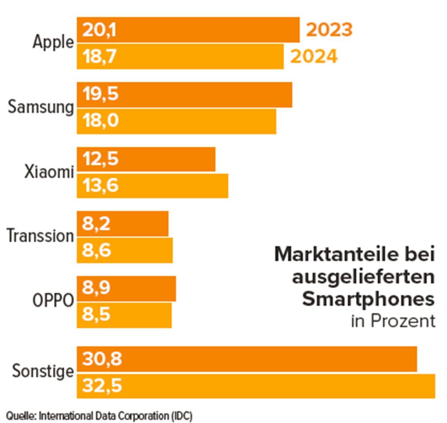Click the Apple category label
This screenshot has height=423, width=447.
tap(53, 42)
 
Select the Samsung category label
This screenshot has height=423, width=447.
tap(41, 107)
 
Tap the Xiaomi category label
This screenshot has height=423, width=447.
tap(49, 172)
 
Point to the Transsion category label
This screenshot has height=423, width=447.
tap(40, 236)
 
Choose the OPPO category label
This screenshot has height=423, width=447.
tap(53, 300)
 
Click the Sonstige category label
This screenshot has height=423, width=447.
tap(43, 371)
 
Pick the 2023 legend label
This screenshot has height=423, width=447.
tap(329, 30)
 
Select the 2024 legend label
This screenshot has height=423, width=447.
tap(314, 57)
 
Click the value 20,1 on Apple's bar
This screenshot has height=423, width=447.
tap(99, 30)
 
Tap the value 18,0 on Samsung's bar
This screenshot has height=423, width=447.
tap(101, 121)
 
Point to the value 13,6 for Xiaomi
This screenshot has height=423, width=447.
tap(101, 185)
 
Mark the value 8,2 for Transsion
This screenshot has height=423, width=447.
tap(96, 224)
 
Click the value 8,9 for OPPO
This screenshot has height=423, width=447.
tap(96, 288)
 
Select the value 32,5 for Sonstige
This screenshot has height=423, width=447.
tap(102, 386)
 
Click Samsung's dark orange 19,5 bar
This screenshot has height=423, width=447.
tap(205, 95)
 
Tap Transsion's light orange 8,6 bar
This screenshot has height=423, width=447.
tap(142, 250)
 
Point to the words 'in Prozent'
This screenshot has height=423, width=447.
tap(393, 321)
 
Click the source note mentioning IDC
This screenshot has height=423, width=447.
tap(99, 416)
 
